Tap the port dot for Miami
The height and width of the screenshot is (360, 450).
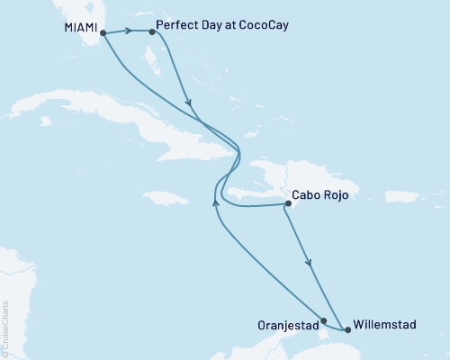103,33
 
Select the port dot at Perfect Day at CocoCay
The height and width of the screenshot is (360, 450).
151,32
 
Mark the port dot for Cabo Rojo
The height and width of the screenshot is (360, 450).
287,204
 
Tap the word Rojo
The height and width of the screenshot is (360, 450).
335,193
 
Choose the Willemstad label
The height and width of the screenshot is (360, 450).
385,322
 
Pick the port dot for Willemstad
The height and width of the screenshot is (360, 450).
348,330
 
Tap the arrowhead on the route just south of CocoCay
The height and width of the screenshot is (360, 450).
189,101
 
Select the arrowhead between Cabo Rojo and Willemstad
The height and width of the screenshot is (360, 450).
310,263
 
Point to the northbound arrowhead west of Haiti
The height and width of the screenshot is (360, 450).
214,202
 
